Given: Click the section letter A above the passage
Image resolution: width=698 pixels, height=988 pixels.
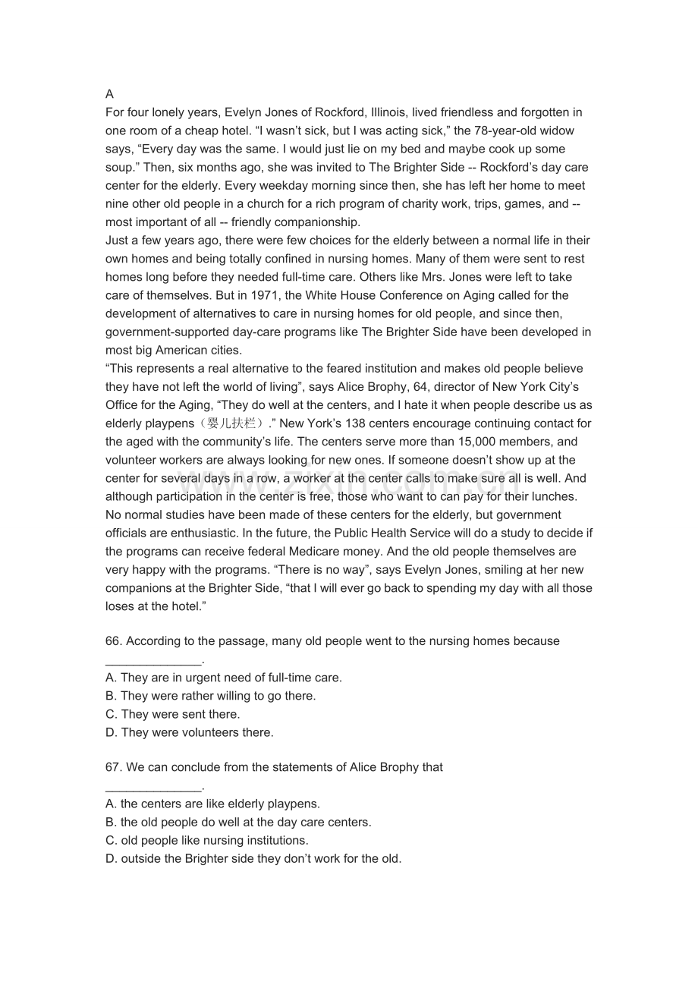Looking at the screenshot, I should coord(109,94).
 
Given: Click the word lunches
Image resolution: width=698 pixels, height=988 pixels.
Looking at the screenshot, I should coord(555,496).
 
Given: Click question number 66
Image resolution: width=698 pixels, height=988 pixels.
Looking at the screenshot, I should coord(113,641).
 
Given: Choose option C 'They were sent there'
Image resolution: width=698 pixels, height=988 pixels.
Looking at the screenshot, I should coord(172,714).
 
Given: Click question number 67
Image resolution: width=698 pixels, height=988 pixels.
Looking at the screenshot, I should coord(113,767).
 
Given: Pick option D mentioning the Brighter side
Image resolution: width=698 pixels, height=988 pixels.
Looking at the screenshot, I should coord(253,859).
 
